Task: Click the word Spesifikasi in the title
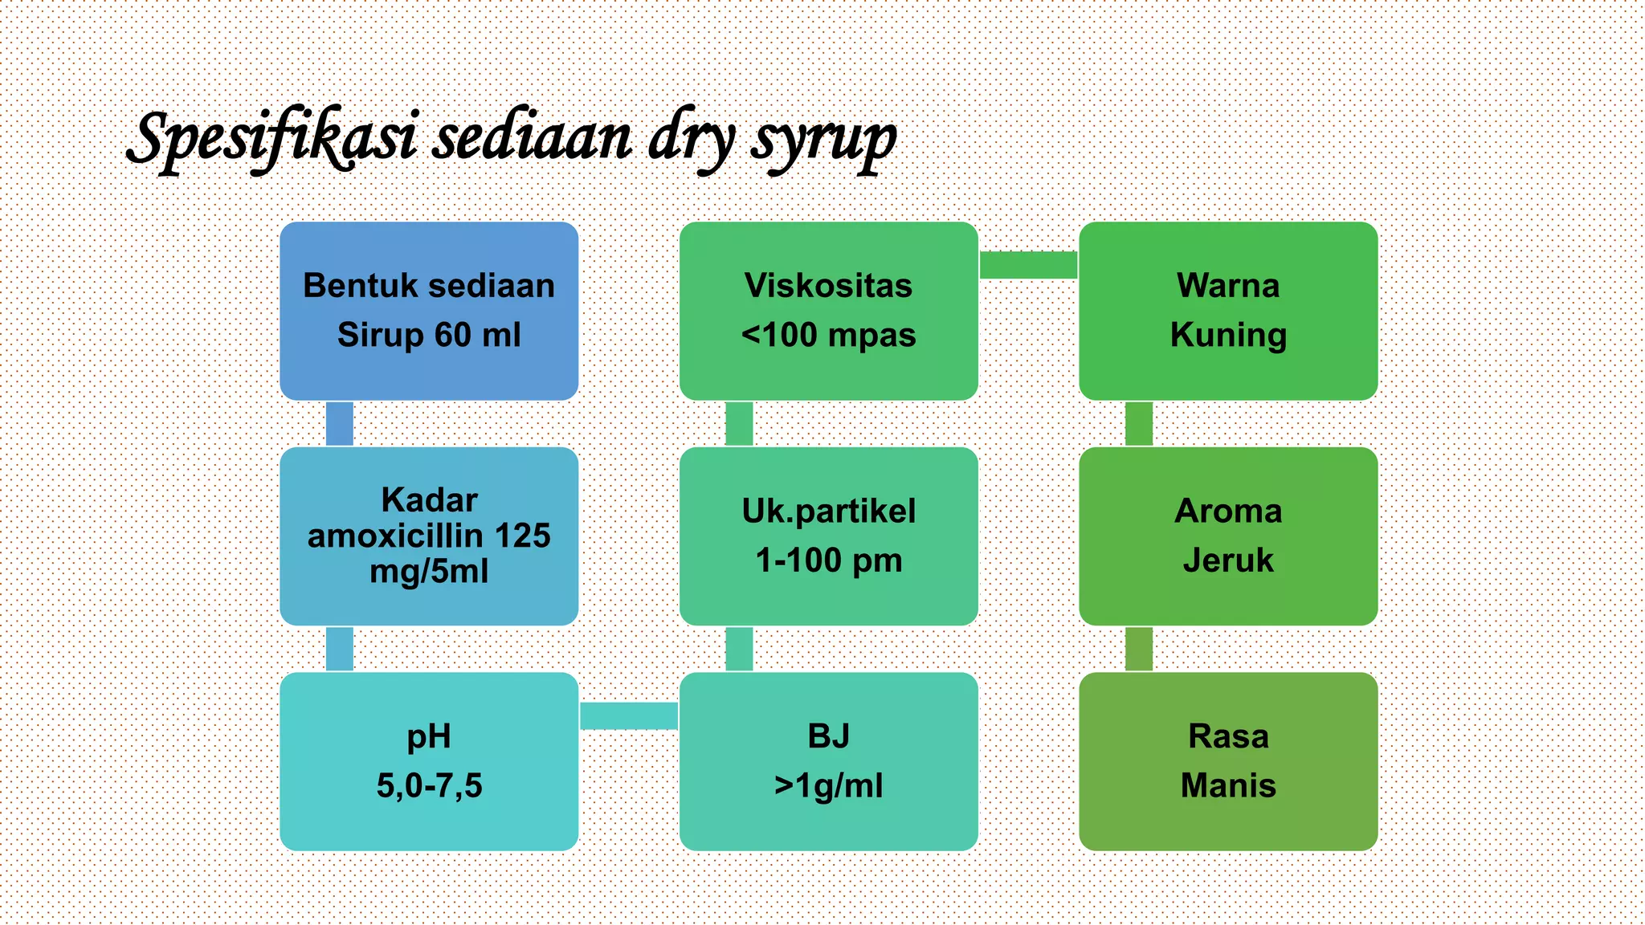coord(273,138)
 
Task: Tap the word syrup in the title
coord(823,138)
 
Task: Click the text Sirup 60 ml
coord(429,335)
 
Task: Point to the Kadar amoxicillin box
coord(429,536)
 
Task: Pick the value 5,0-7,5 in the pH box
coord(429,785)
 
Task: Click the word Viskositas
coord(828,286)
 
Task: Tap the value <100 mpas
coord(828,335)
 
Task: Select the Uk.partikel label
coord(828,511)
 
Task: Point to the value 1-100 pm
coord(828,560)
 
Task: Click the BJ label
coord(828,736)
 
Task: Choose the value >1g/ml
coord(828,785)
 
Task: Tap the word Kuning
coord(1228,335)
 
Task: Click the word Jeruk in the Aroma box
coord(1228,560)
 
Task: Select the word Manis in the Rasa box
coord(1228,785)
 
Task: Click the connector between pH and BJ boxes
coord(629,715)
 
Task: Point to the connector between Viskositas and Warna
coord(1028,265)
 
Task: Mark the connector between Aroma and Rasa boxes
coord(1139,649)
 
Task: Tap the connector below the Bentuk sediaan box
coord(340,424)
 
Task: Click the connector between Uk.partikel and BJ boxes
coord(739,649)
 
